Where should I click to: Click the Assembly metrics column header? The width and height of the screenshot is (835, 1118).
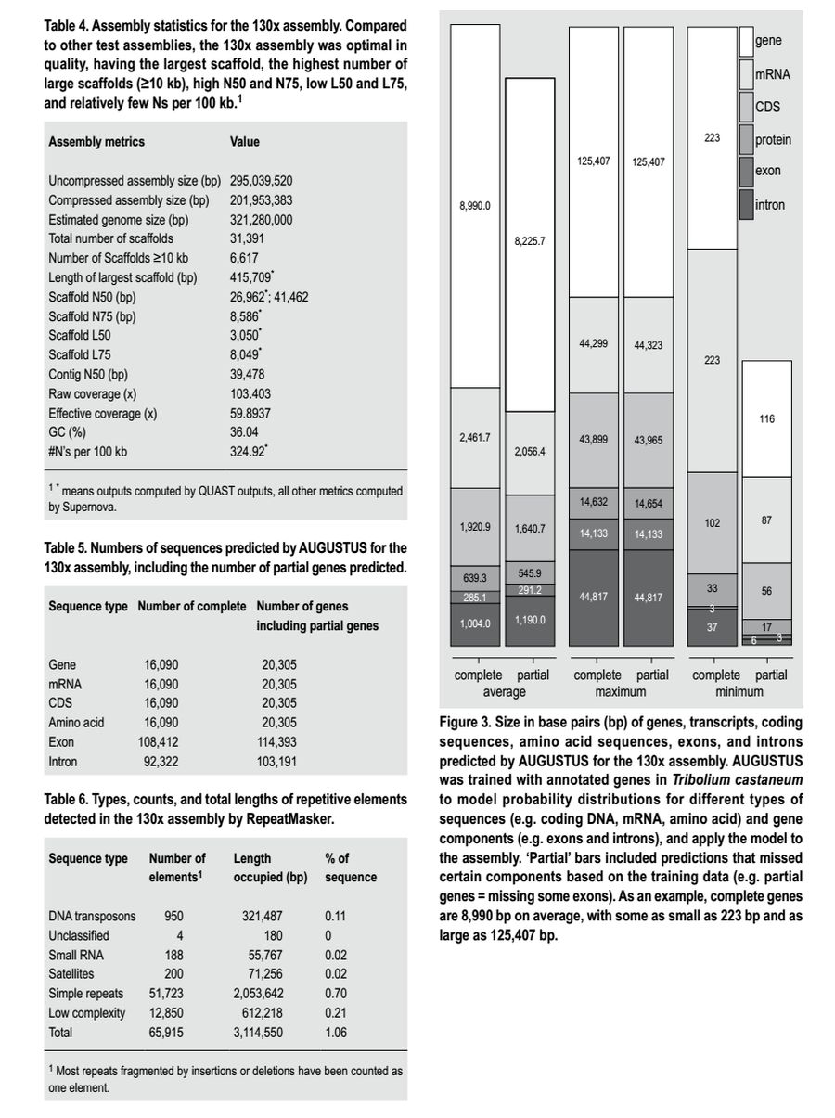pyautogui.click(x=96, y=142)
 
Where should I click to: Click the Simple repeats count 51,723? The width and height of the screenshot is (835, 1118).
pyautogui.click(x=167, y=994)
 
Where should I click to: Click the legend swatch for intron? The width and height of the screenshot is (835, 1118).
pyautogui.click(x=745, y=204)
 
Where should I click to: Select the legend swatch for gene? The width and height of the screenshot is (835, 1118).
pyautogui.click(x=745, y=42)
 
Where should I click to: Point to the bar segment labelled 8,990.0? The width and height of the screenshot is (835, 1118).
pyautogui.click(x=475, y=205)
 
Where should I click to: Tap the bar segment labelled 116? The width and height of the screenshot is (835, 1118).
pyautogui.click(x=766, y=419)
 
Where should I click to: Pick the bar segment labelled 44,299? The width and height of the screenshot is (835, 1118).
pyautogui.click(x=594, y=344)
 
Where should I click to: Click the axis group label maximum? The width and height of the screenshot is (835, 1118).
pyautogui.click(x=622, y=692)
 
